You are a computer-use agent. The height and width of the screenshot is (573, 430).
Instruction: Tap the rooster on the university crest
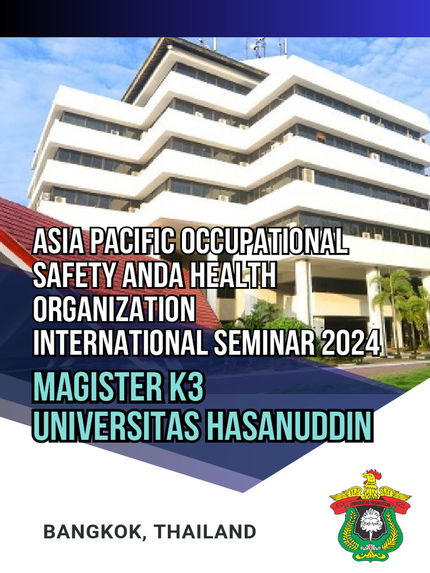point(370,483)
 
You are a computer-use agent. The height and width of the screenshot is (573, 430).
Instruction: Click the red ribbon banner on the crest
point(370,504)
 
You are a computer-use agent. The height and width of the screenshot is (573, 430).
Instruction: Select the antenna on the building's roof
point(259,47)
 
